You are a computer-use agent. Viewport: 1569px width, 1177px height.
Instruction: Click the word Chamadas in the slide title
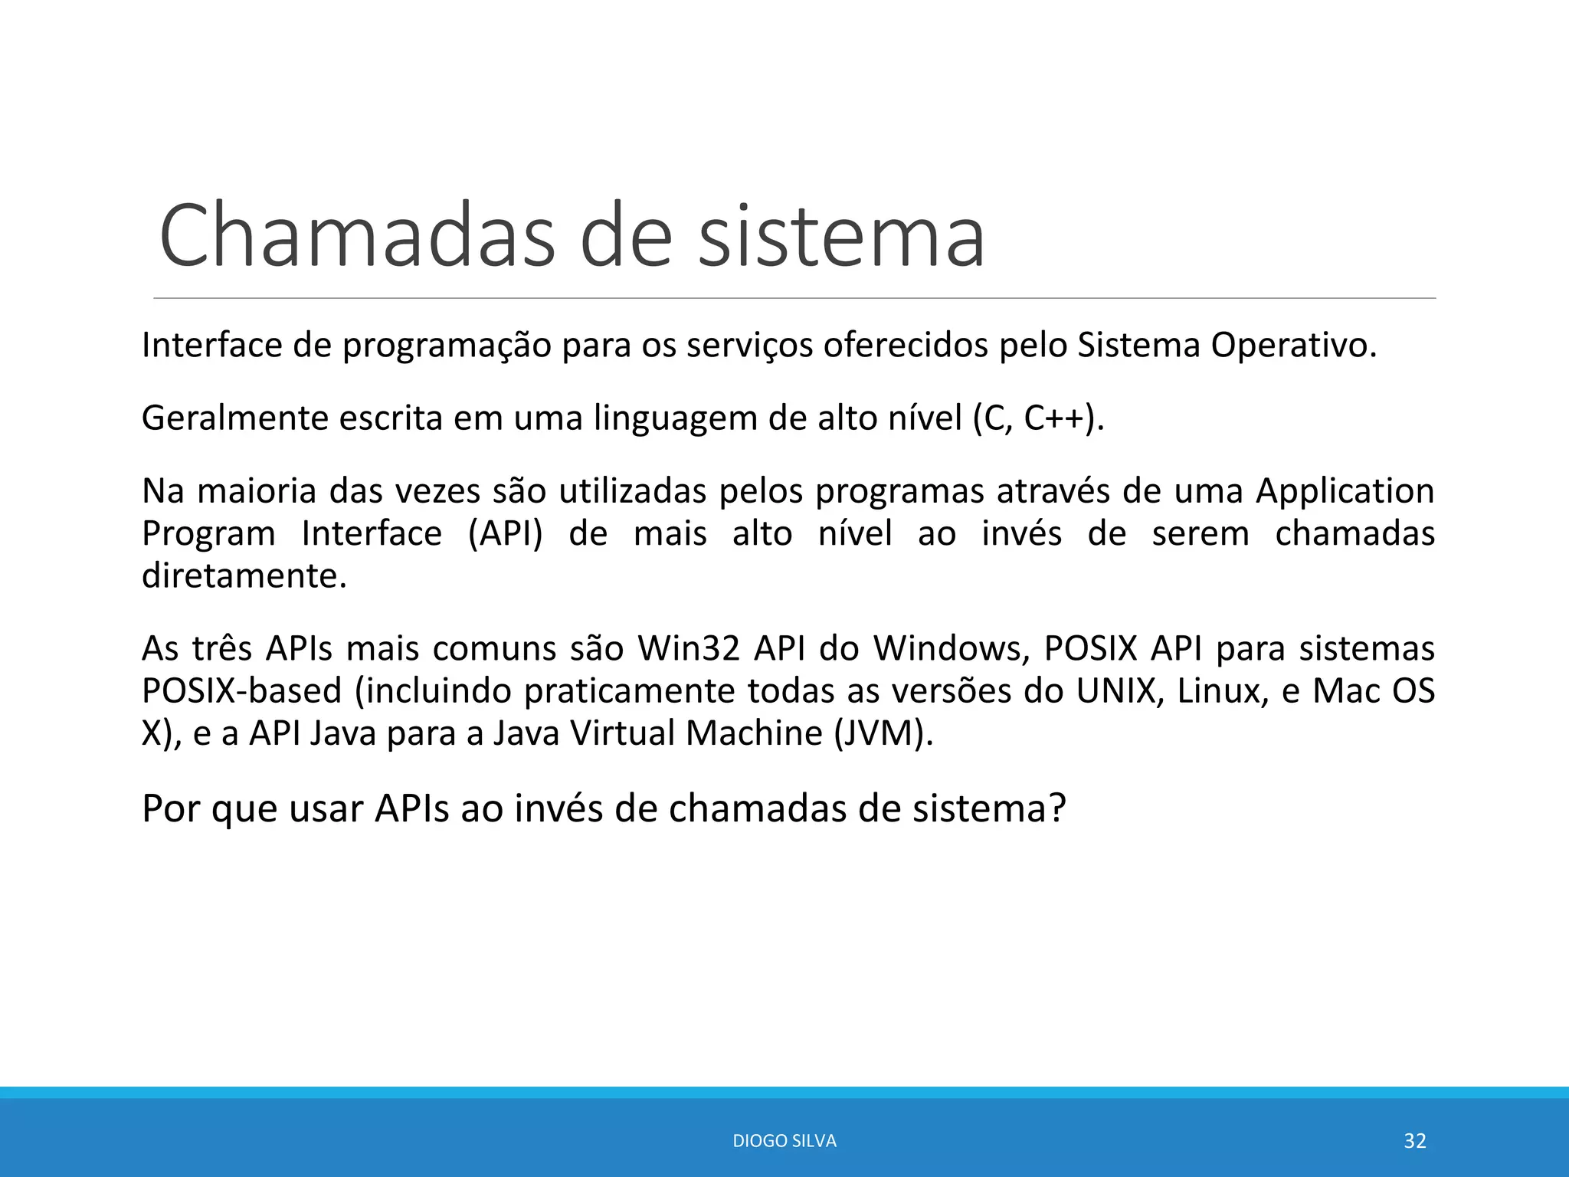(x=356, y=235)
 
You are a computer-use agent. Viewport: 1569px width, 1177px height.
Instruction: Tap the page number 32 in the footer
(x=1414, y=1141)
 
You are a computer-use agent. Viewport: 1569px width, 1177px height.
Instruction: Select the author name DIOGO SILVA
(x=784, y=1141)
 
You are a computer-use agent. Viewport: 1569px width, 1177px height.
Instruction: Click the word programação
(x=447, y=346)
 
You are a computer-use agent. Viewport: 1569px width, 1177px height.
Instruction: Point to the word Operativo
(x=1293, y=346)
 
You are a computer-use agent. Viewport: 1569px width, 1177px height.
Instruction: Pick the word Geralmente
(x=234, y=418)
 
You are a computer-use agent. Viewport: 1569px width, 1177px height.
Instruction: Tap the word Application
(x=1345, y=492)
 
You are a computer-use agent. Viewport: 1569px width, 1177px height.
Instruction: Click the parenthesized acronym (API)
(x=505, y=534)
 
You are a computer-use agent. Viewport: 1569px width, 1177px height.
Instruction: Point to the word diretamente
(x=244, y=576)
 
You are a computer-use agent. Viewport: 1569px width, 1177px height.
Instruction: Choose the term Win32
(x=689, y=649)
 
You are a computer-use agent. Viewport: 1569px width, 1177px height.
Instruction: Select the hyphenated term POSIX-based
(x=241, y=691)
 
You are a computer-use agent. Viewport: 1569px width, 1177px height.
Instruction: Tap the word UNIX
(x=1116, y=691)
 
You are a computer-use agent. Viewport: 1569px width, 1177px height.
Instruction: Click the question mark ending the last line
(x=1057, y=808)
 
